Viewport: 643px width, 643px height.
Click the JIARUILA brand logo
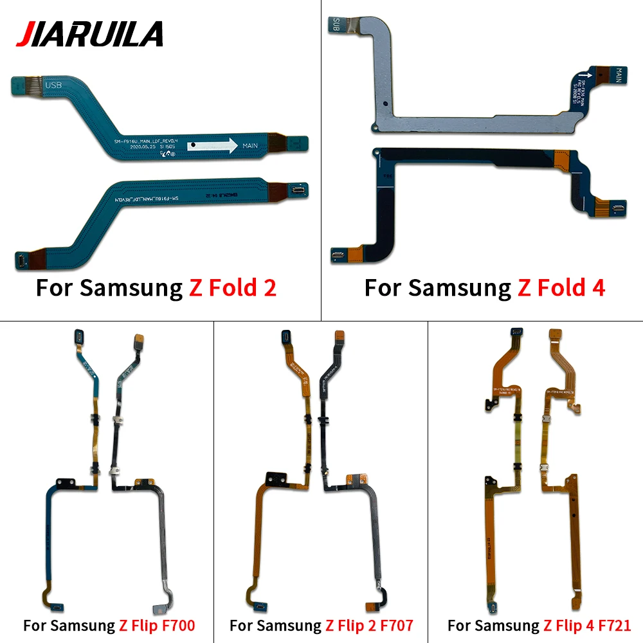(x=90, y=33)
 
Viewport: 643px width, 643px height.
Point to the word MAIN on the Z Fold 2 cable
(x=250, y=146)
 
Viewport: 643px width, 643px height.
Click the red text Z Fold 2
(x=233, y=287)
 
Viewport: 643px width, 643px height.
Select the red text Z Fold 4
(x=561, y=287)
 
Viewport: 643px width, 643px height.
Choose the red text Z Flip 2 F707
(x=369, y=624)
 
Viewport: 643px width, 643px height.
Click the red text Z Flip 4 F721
(x=587, y=624)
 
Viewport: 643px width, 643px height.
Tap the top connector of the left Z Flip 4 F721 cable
(x=514, y=332)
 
